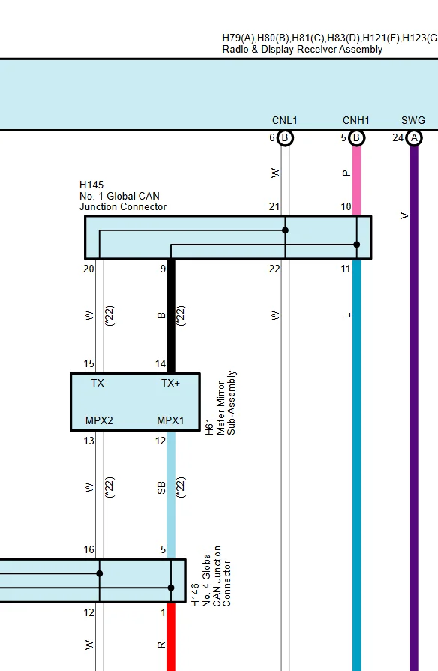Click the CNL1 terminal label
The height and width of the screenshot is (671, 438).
284,120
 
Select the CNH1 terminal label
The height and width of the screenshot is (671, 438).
355,120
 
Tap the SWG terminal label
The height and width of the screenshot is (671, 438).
413,120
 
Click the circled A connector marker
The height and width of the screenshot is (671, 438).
413,138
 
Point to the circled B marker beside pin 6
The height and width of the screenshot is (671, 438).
285,138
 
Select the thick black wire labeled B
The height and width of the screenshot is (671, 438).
171,316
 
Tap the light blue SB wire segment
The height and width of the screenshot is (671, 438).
171,495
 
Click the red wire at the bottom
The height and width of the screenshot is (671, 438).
171,636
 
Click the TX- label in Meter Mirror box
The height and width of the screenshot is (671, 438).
99,383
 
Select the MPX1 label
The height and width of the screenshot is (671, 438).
170,420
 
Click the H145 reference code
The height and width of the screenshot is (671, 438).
91,185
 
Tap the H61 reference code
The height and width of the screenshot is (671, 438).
209,426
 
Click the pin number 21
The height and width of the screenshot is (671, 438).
274,206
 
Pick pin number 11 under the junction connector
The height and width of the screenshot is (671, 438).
346,269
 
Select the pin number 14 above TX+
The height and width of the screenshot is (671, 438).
160,364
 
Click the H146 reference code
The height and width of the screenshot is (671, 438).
195,595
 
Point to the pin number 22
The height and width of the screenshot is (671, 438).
274,269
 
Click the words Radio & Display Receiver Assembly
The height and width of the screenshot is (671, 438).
302,50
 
